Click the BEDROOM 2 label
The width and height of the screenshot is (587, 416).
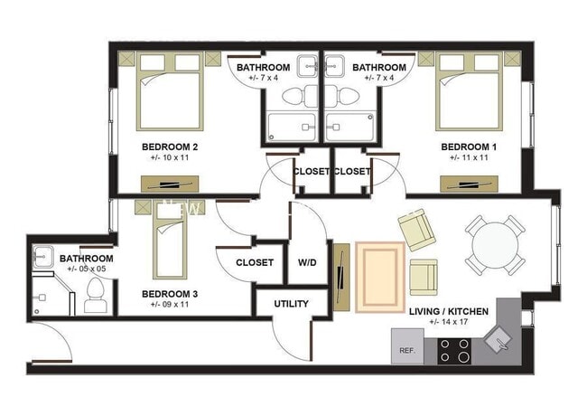tap(170, 146)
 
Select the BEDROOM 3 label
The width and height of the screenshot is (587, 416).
tap(170, 294)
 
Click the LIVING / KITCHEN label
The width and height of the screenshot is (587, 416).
tap(449, 311)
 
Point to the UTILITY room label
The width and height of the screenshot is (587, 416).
tap(291, 304)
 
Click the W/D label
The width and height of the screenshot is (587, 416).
tap(307, 263)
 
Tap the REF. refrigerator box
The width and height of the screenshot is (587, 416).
tap(406, 349)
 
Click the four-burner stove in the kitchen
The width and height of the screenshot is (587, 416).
tap(454, 349)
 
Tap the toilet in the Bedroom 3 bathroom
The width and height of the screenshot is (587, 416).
tap(96, 296)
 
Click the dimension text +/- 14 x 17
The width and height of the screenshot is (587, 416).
tap(449, 323)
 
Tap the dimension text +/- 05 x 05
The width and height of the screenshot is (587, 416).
tap(87, 269)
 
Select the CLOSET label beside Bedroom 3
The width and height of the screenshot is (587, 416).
tap(255, 263)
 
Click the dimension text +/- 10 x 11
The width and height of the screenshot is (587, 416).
tap(170, 157)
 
